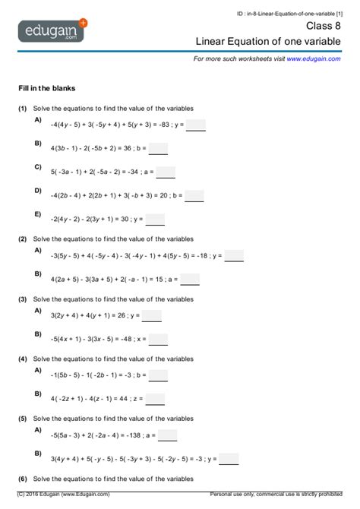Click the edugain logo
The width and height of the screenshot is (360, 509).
coord(53,32)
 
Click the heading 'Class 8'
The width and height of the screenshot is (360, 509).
coord(323,25)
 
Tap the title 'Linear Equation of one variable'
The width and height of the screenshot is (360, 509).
coord(268,41)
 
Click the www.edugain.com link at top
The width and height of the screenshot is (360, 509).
coord(314,58)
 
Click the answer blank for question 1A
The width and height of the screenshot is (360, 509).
coord(196,125)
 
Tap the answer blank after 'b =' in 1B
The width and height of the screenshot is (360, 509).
coord(159,149)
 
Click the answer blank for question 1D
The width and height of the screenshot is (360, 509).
coord(194,196)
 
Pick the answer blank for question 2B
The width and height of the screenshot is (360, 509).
coord(190,280)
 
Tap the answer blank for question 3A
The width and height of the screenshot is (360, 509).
coord(152,316)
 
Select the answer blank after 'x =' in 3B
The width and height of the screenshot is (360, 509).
coord(159,340)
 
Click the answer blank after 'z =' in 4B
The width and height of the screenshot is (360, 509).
coord(155,399)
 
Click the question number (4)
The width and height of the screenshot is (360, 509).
coord(24,359)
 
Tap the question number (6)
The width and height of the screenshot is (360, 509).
coord(24,479)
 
